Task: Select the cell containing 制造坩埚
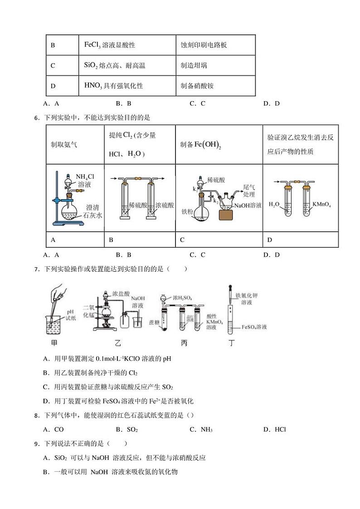point(194,65)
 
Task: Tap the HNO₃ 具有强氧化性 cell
point(114,85)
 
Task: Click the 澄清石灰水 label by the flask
point(92,211)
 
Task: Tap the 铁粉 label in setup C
point(188,211)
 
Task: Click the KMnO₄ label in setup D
point(321,205)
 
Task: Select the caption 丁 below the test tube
point(232,343)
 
